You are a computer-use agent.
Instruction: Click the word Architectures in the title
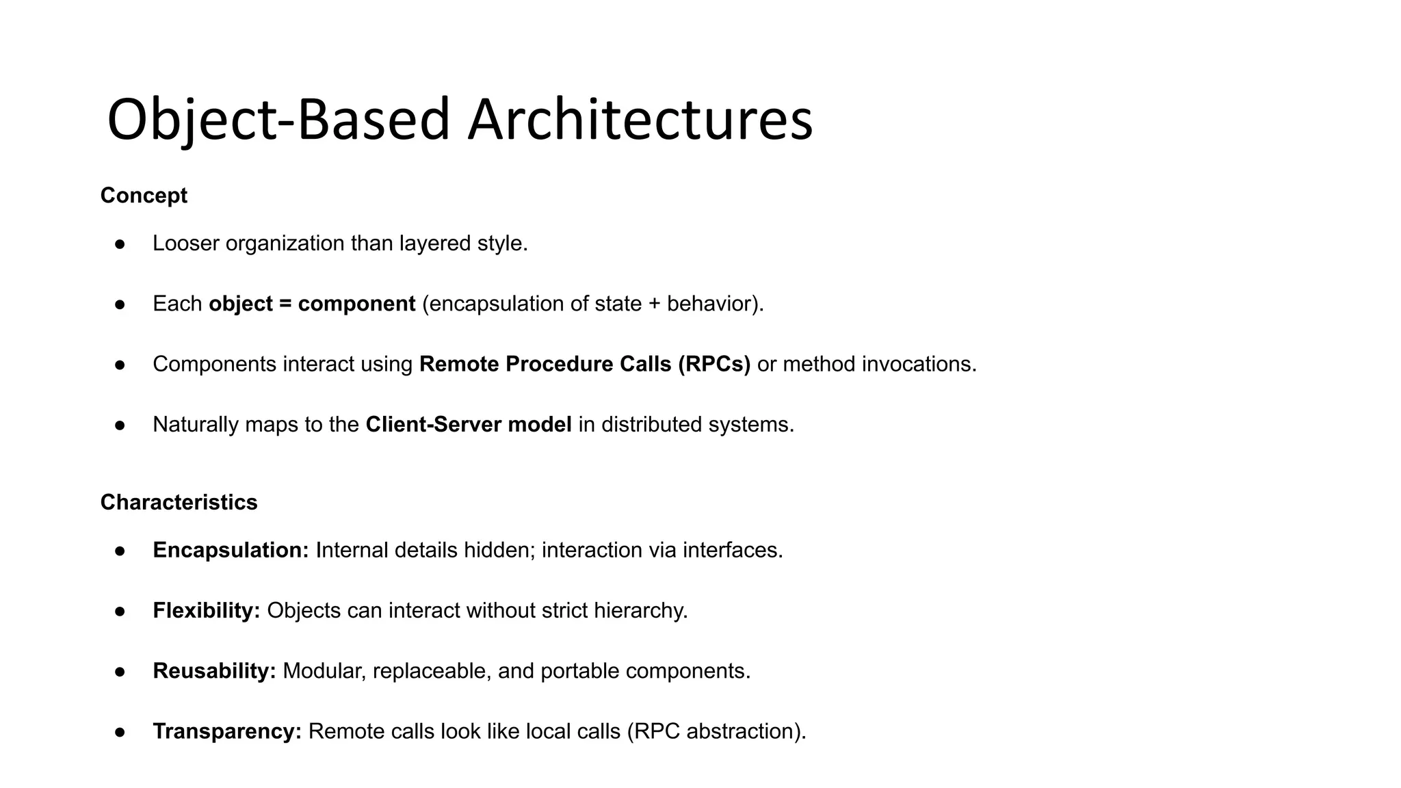[640, 120]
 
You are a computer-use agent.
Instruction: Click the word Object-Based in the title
[278, 120]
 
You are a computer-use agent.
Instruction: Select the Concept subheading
[144, 196]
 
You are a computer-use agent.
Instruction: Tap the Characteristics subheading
[179, 502]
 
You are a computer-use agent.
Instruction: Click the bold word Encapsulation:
[231, 550]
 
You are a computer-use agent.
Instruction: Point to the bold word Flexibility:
[206, 610]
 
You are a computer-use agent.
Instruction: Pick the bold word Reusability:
[214, 671]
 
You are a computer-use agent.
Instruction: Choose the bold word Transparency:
[227, 731]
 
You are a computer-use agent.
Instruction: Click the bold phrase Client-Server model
[469, 425]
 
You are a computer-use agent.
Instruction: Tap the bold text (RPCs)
[714, 364]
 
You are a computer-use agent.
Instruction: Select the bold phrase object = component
[312, 304]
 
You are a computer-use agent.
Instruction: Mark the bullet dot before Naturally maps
[120, 425]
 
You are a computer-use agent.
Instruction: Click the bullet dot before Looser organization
[120, 244]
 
